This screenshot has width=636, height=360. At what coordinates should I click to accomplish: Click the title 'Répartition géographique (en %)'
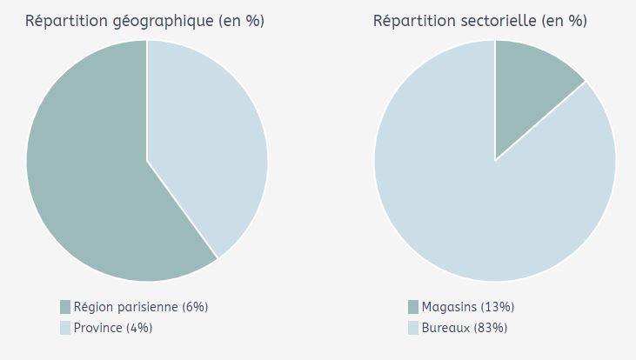coord(144,21)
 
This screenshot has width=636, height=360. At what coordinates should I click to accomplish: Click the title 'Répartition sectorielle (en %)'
coord(479,21)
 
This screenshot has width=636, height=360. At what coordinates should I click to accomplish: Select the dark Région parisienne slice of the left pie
coord(87,174)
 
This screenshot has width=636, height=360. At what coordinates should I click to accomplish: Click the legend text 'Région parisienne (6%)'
coord(141,307)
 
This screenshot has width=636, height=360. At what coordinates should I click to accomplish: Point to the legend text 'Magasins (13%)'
coord(468,307)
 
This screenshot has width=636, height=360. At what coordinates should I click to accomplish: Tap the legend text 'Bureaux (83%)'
coord(465,328)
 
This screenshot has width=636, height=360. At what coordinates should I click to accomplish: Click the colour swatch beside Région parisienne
coord(65,307)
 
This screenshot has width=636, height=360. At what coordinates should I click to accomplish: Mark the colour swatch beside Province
coord(65,328)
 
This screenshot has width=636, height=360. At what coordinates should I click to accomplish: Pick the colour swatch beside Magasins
coord(413,307)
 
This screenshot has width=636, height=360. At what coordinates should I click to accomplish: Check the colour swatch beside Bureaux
coord(413,328)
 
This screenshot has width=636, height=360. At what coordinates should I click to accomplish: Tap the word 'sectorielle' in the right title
coord(498,21)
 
